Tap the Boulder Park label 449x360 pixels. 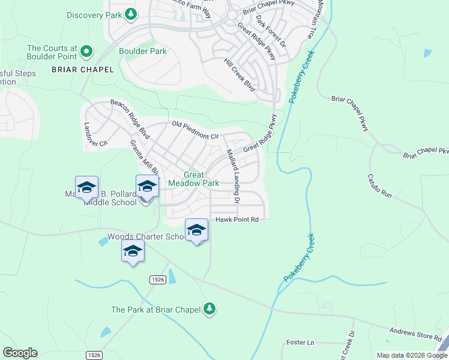143,52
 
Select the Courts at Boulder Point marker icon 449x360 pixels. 86,52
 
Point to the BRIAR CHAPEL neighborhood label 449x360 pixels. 83,70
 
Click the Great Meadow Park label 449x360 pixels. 193,179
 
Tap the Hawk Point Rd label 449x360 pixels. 237,220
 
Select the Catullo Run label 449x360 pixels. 379,186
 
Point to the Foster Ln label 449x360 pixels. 300,343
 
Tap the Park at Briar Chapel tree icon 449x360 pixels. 209,309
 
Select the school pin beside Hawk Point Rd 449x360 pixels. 196,230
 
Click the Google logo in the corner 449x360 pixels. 20,353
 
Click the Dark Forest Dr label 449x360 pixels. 271,31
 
